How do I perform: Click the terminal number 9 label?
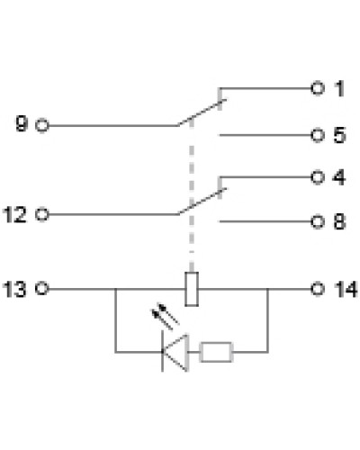(x=22, y=124)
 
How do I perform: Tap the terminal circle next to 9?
(x=42, y=125)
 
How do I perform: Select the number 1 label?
(x=339, y=88)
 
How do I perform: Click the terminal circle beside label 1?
(x=318, y=88)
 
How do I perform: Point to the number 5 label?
(x=339, y=135)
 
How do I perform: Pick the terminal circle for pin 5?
(x=318, y=135)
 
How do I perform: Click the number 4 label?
(x=339, y=177)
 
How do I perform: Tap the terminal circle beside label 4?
(x=318, y=177)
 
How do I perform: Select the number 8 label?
(x=339, y=222)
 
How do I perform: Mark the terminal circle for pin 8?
(x=318, y=222)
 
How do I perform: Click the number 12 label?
(x=14, y=215)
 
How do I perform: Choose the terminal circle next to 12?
(x=42, y=215)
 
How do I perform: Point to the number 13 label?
(x=14, y=289)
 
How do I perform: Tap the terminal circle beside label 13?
(x=41, y=289)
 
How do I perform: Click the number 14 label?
(x=346, y=289)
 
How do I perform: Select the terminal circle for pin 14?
(x=318, y=289)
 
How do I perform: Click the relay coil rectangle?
(x=192, y=289)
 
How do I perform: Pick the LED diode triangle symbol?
(x=175, y=352)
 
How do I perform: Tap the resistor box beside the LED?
(x=216, y=352)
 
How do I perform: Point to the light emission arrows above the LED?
(x=166, y=317)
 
